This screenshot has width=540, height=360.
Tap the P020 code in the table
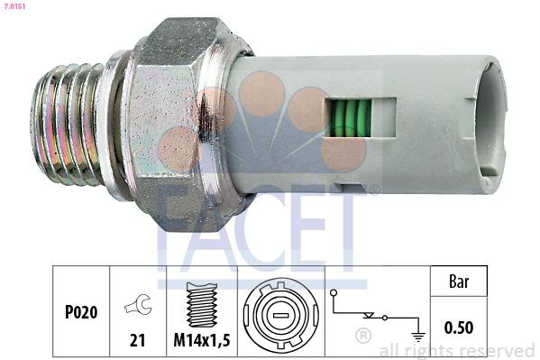80,311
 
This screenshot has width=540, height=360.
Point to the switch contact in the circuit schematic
370,315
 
